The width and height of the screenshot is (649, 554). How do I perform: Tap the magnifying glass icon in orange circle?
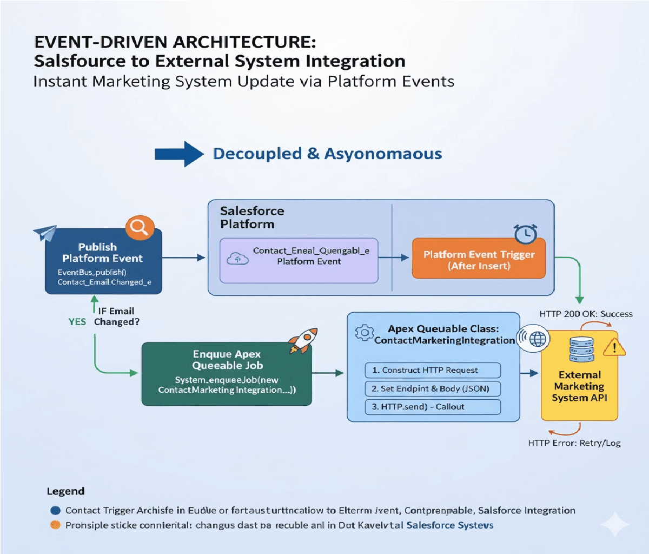[140, 228]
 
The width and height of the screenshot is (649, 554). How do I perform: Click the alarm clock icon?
[525, 234]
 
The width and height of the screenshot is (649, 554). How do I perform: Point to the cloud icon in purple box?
[237, 259]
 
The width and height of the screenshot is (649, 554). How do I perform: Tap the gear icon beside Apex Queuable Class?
[364, 333]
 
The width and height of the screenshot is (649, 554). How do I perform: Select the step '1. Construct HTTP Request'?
[432, 370]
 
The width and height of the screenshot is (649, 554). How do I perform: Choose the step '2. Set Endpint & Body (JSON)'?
[432, 388]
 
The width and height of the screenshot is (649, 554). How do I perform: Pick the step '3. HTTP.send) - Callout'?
[432, 407]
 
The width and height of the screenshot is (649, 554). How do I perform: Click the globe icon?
[538, 339]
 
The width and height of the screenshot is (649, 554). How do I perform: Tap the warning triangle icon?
[614, 347]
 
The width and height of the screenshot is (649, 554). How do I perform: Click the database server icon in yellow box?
[581, 349]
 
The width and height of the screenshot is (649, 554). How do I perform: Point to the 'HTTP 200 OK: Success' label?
[586, 314]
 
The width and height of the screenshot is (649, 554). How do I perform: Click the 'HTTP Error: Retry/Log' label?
[574, 443]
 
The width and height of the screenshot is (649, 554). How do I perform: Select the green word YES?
[77, 322]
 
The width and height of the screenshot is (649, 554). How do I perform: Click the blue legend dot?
[55, 510]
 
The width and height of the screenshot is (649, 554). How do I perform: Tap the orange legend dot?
[55, 525]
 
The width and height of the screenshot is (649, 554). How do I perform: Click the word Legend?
[65, 491]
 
